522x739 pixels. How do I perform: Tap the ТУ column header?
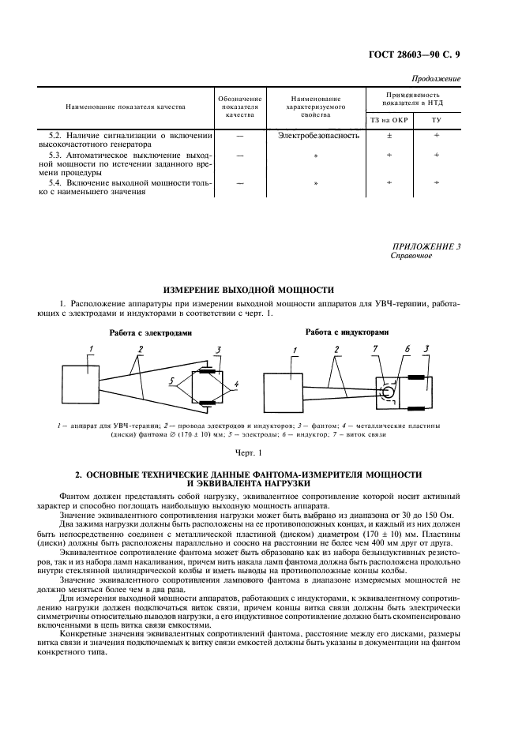(x=436, y=121)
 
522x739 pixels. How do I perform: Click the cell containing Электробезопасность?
(x=318, y=135)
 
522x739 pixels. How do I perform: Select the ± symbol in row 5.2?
(x=387, y=135)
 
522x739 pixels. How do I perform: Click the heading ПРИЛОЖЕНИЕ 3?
(x=427, y=246)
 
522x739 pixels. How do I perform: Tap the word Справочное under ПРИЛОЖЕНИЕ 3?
(x=411, y=257)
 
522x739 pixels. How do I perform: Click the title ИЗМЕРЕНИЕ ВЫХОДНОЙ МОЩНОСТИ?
(x=248, y=290)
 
